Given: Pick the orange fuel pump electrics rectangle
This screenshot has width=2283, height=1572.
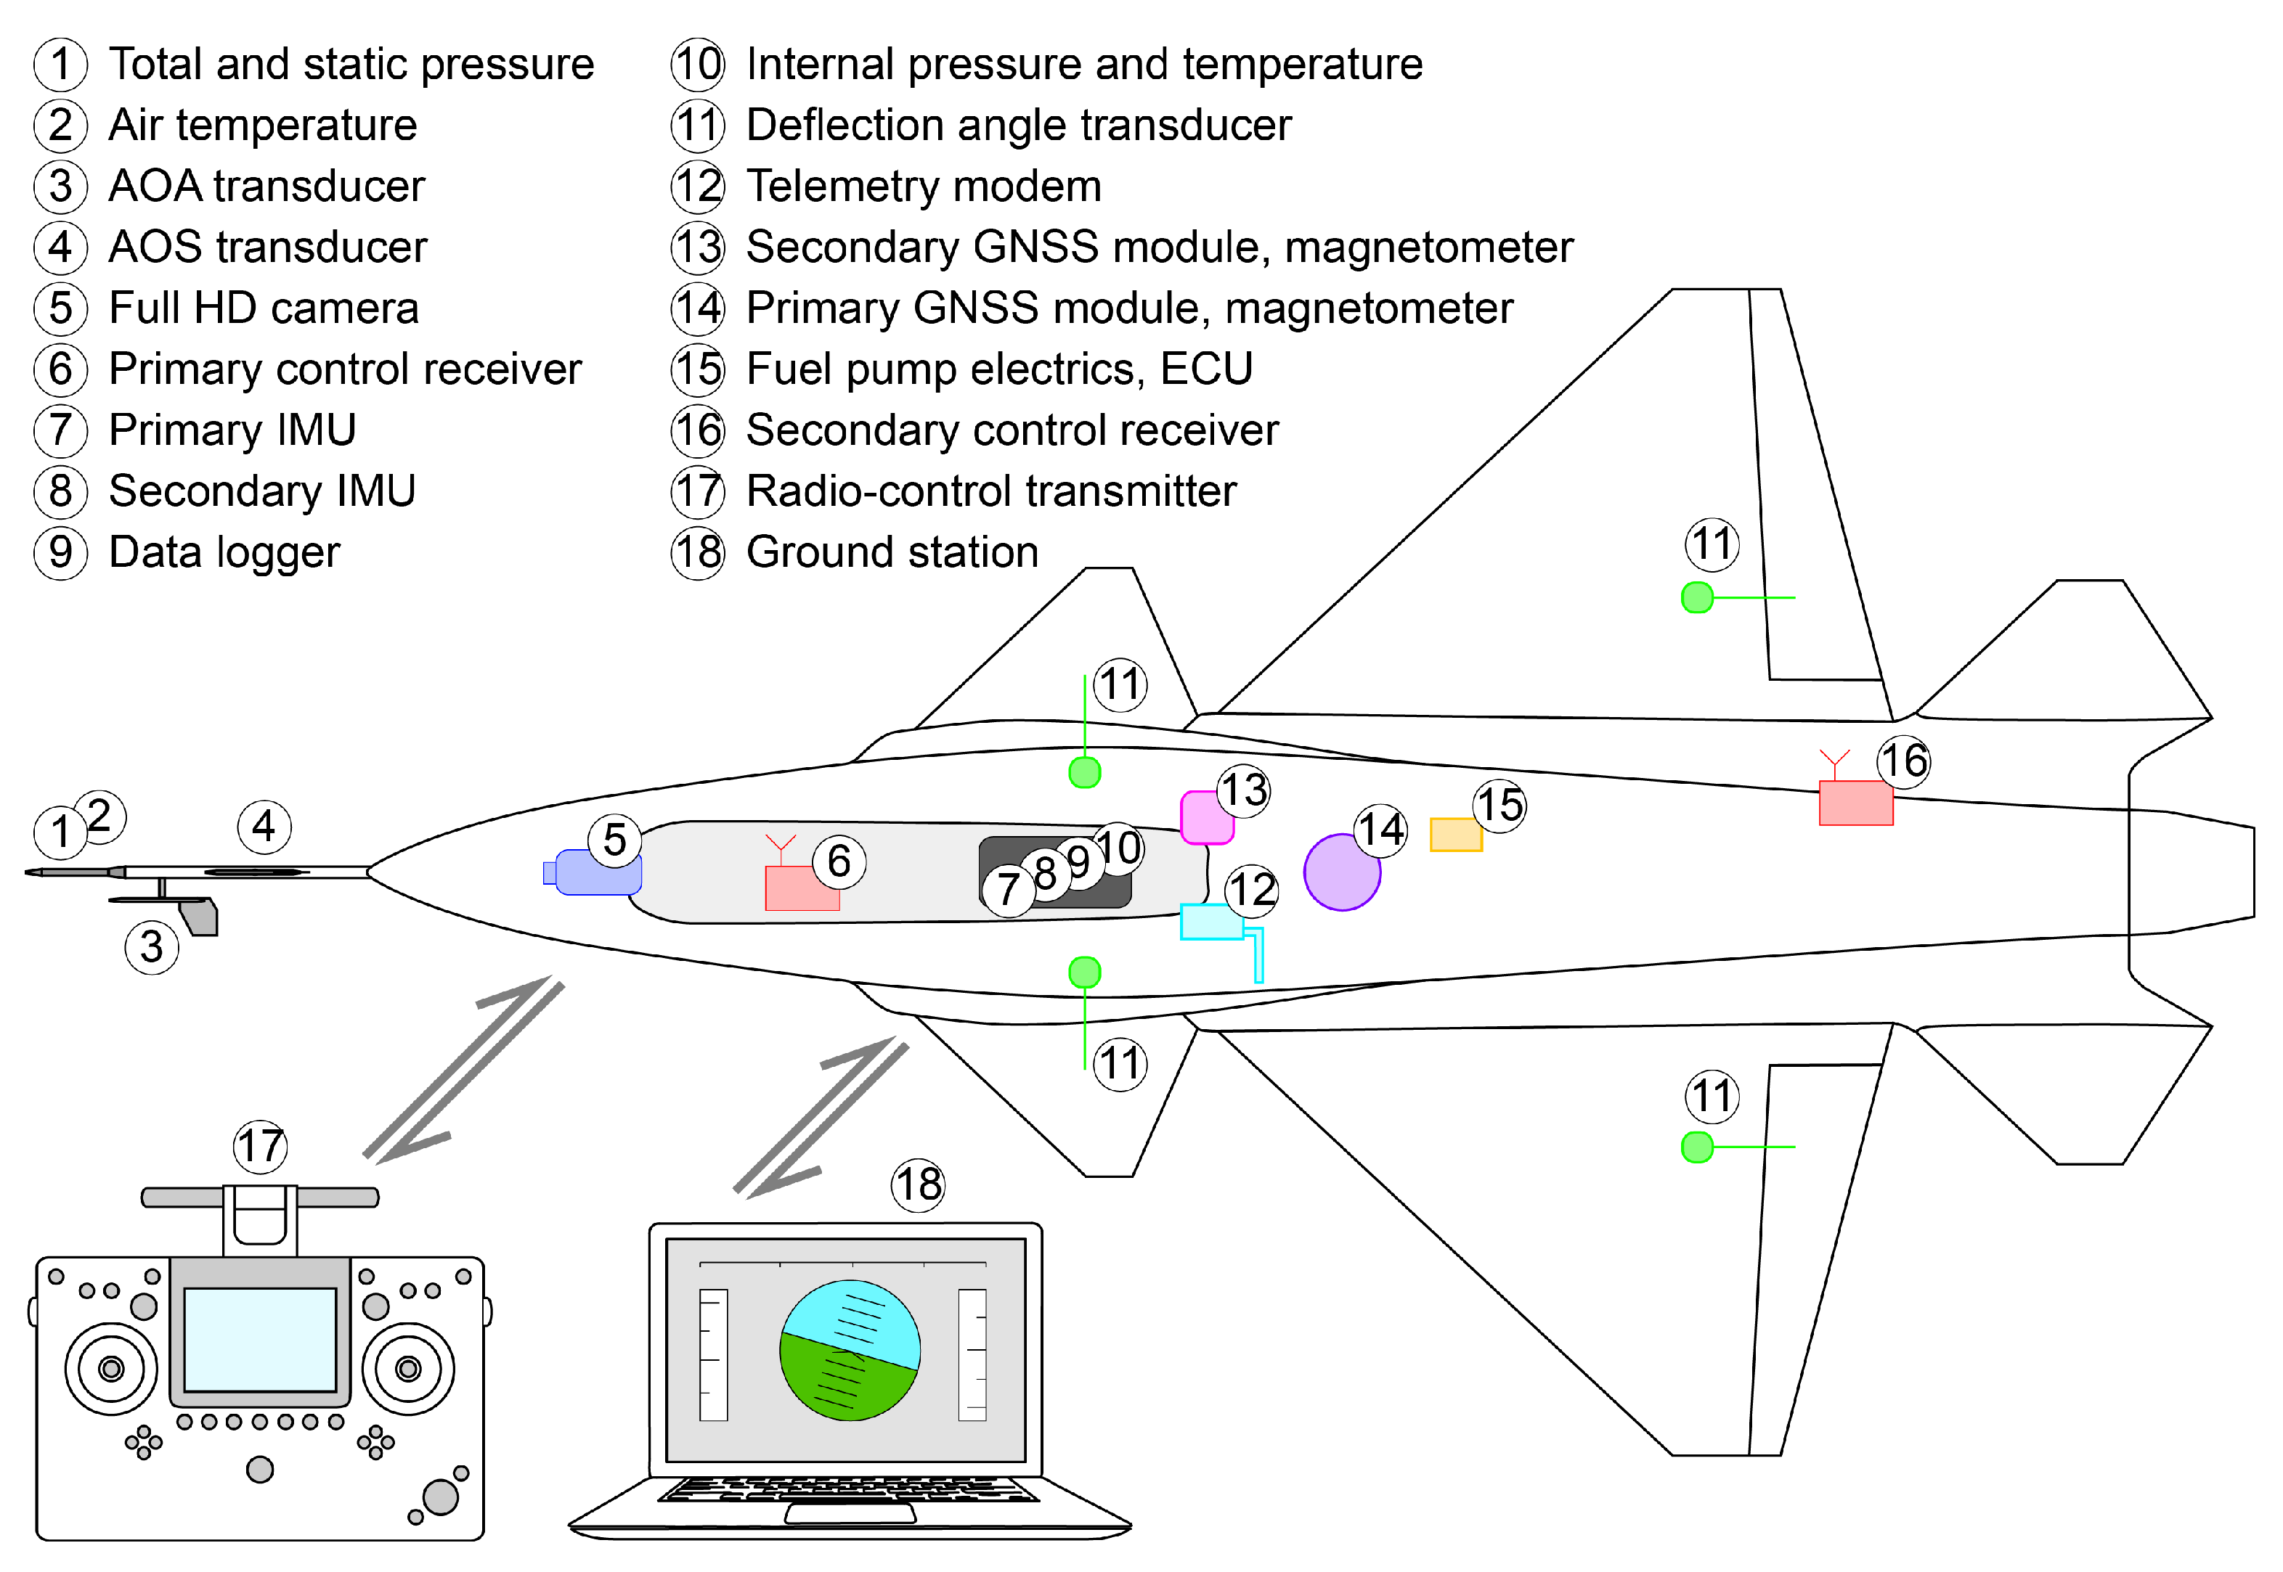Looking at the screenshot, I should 1454,835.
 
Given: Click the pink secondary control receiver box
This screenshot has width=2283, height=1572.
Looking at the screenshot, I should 1855,803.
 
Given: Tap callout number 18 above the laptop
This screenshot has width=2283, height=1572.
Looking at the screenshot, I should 917,1184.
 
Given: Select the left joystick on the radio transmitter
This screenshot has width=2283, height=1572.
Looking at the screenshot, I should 111,1369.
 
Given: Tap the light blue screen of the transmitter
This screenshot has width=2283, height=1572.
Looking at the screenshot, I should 260,1340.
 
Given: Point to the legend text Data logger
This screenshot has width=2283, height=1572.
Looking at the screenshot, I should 224,552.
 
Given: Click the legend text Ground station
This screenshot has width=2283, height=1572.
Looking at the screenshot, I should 892,552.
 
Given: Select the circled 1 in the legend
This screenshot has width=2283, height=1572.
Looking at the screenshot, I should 60,64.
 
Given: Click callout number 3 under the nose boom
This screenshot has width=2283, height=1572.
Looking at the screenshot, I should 152,948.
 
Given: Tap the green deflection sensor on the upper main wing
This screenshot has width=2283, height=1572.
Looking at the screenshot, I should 1697,597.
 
